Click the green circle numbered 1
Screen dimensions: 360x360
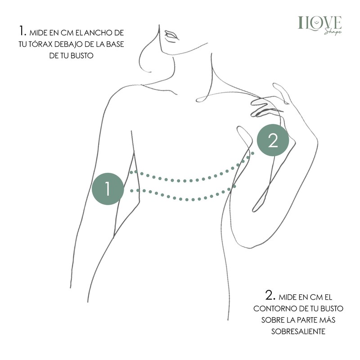(x=108, y=189)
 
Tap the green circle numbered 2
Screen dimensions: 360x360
(x=273, y=140)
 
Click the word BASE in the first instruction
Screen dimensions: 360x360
(x=115, y=44)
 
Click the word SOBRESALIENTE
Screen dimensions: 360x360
(x=298, y=331)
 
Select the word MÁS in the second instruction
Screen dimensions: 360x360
(x=327, y=320)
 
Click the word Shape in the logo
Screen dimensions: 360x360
(x=333, y=32)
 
